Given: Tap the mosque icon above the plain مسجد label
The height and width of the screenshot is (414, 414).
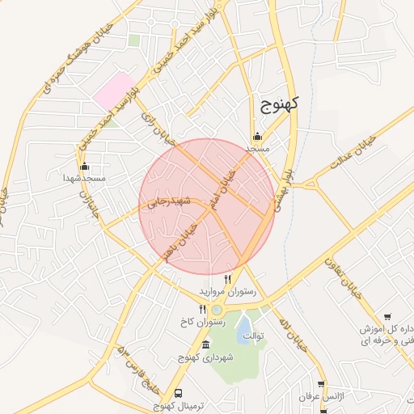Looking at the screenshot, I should pyautogui.click(x=257, y=136).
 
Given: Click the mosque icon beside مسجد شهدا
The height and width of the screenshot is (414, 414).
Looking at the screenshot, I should pyautogui.click(x=73, y=175).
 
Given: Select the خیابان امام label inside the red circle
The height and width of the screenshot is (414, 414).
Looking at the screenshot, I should pyautogui.click(x=222, y=191).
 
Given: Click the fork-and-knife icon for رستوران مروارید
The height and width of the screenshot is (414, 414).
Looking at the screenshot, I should pyautogui.click(x=227, y=279).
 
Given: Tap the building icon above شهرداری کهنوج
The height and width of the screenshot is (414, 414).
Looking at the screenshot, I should pyautogui.click(x=205, y=345).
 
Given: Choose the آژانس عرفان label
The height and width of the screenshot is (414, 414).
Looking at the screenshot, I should pyautogui.click(x=321, y=399).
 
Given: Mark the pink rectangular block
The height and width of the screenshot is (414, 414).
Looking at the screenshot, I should pyautogui.click(x=113, y=88).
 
